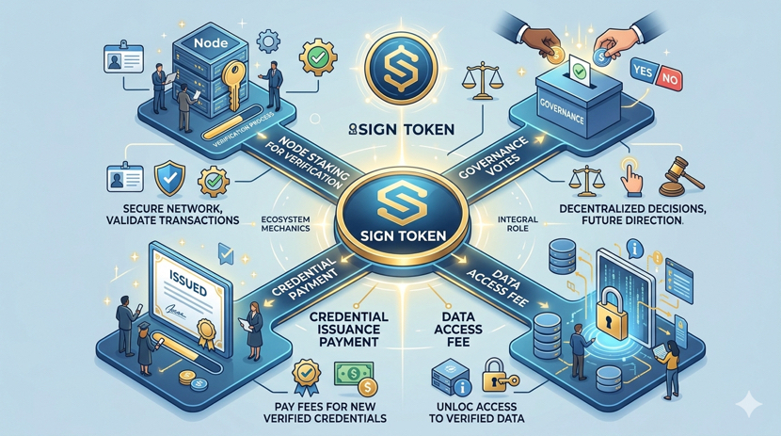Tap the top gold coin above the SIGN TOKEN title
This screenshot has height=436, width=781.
[391, 70]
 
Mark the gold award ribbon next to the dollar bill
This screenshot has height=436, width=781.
[303, 374]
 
